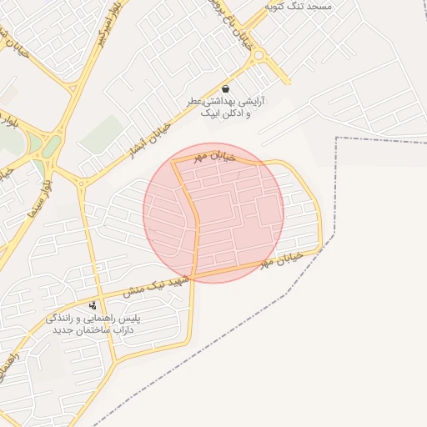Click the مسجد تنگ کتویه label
[298, 6]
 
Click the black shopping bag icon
[225, 88]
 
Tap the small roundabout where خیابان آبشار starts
[82, 182]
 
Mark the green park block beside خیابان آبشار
[101, 133]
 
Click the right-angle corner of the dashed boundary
[337, 138]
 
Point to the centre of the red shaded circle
[213, 213]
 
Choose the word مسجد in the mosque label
[319, 6]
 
